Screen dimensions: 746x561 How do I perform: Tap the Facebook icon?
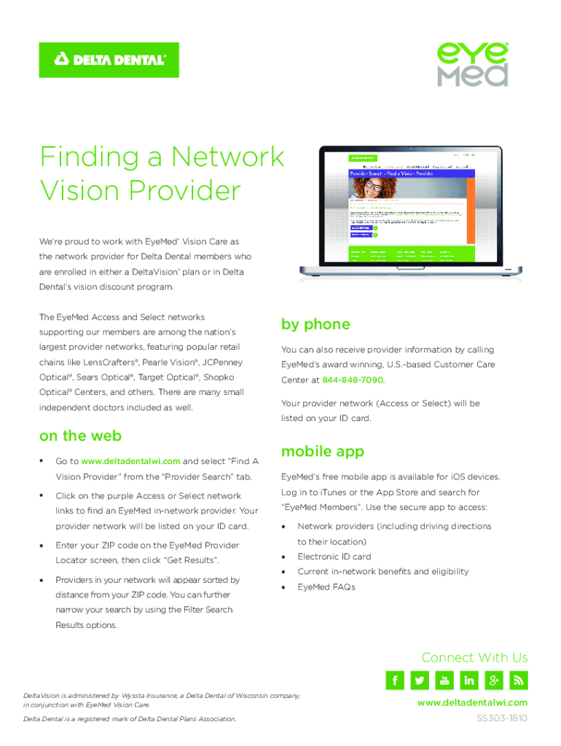coord(395,680)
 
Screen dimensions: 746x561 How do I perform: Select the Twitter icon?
coord(420,680)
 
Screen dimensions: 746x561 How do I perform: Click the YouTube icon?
coord(444,680)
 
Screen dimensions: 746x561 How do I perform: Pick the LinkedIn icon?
coord(469,680)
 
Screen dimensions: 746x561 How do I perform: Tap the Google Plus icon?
coord(494,680)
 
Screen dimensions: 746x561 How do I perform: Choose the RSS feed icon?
coord(519,680)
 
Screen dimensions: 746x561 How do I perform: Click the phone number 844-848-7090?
coord(353,380)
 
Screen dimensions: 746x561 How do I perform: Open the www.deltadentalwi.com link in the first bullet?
coord(130,461)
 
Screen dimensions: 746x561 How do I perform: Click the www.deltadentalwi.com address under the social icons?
coord(472,703)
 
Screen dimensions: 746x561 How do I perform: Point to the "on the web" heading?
coord(80,436)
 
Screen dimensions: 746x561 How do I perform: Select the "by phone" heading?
coord(315,324)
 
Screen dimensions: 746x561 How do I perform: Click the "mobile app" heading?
coord(323,452)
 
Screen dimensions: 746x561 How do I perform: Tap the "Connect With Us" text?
coord(474,658)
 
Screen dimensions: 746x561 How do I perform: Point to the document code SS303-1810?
coord(501,718)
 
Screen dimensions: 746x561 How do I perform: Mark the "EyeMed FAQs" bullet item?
coord(326,587)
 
